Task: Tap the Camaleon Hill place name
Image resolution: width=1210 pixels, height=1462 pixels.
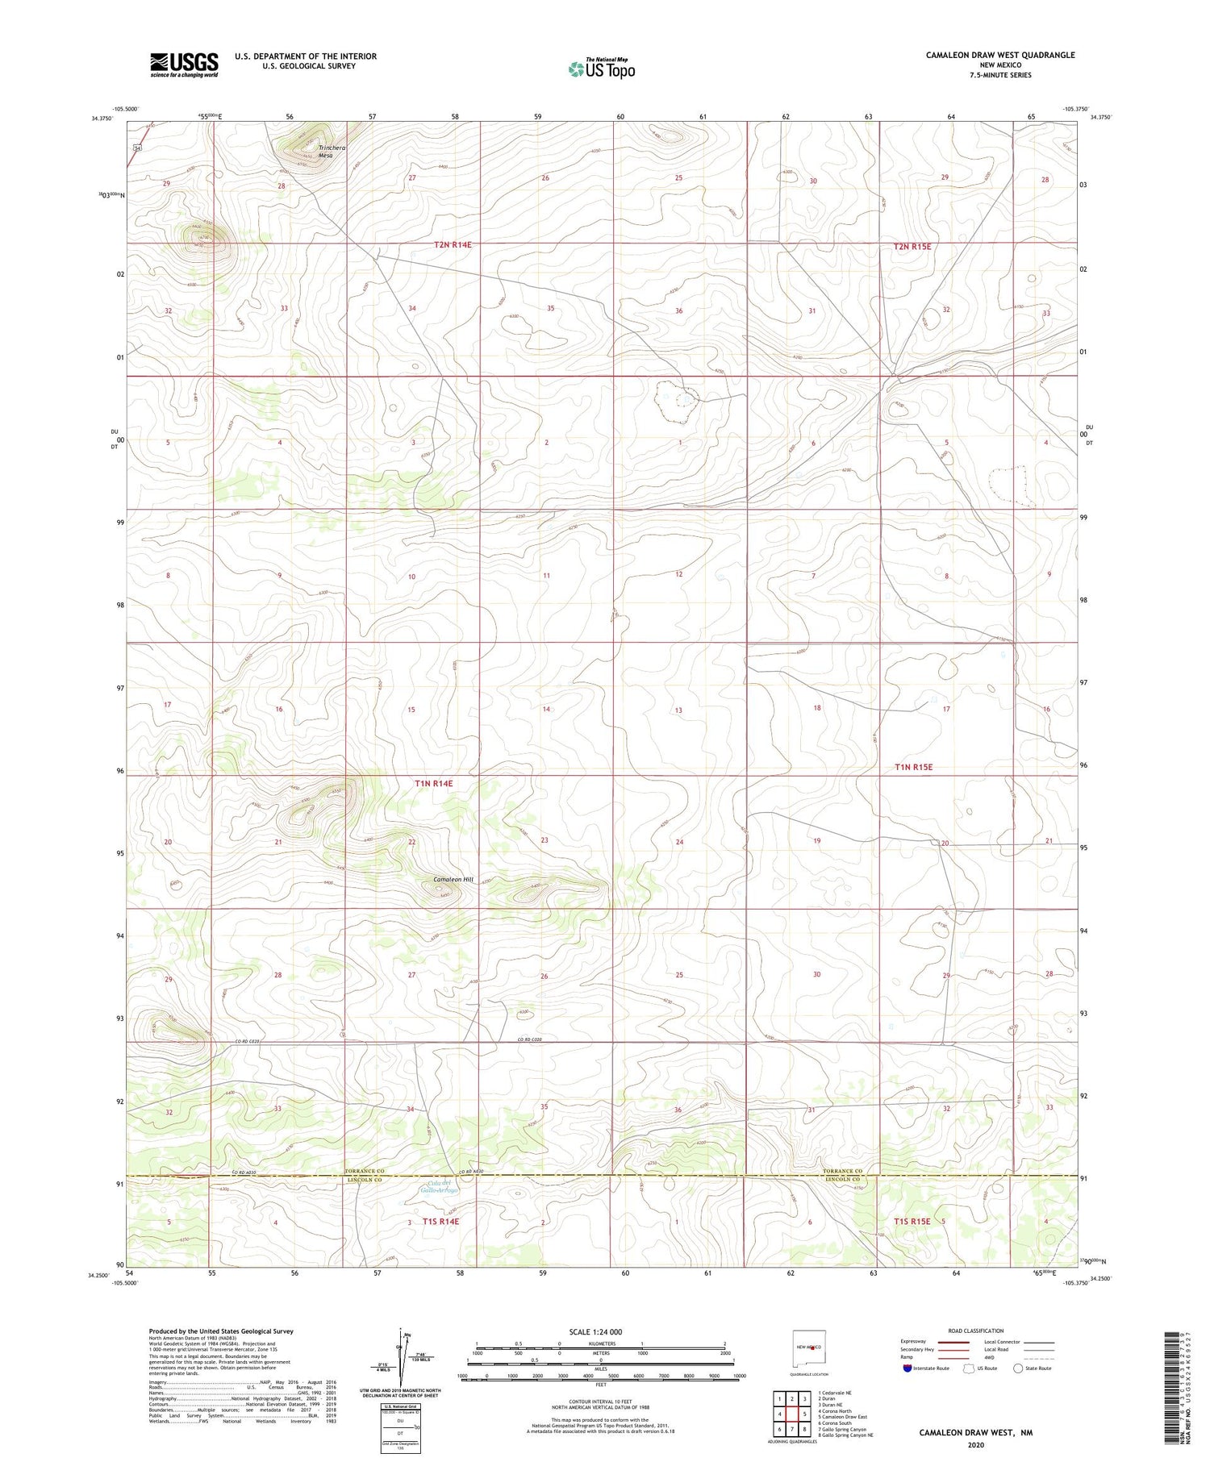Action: point(453,879)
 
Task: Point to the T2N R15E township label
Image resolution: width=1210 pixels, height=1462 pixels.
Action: point(912,246)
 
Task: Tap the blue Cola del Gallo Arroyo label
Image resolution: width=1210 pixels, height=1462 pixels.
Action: point(439,1187)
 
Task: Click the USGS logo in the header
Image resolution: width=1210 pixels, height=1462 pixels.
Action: point(184,65)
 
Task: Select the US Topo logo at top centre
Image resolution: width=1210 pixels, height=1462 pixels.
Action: point(601,69)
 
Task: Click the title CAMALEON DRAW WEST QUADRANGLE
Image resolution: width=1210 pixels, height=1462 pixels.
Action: point(999,55)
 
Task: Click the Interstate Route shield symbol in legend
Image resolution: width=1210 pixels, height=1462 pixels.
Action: point(907,1368)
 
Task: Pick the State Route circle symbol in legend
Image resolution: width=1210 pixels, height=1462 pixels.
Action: point(1018,1368)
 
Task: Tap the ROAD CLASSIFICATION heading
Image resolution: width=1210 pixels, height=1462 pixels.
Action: point(975,1331)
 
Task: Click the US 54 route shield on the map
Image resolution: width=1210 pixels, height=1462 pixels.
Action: point(137,148)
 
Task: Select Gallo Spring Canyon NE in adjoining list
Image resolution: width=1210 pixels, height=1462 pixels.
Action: point(845,1435)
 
